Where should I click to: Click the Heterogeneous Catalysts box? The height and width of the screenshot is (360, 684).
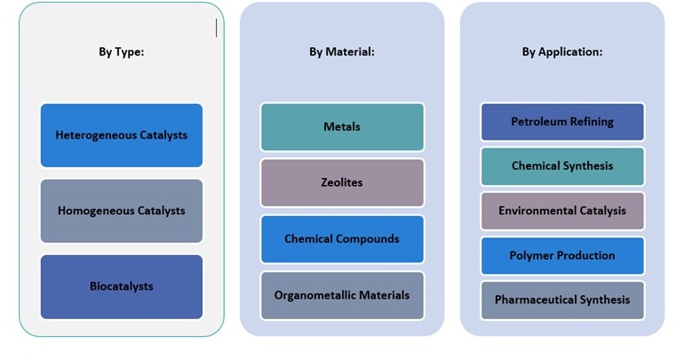[x=122, y=135]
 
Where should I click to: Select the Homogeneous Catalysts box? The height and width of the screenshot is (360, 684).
[x=122, y=211]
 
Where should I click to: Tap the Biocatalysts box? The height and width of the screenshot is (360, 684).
[x=122, y=286]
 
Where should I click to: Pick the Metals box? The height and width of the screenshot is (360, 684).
[x=342, y=126]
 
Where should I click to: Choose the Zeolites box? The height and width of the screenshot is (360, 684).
[x=342, y=182]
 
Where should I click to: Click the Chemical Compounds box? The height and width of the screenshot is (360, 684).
[x=342, y=238]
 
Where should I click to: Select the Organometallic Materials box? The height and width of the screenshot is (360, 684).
[x=342, y=294]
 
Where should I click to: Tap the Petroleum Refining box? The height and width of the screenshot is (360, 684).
[x=562, y=122]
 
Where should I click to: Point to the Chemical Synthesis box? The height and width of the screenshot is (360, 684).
[x=562, y=166]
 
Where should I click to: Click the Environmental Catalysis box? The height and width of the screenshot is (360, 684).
[x=562, y=211]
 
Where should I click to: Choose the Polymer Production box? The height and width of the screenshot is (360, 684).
[x=562, y=255]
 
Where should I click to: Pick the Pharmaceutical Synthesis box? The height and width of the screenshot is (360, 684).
[x=562, y=300]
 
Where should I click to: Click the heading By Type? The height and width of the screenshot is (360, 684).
[x=122, y=52]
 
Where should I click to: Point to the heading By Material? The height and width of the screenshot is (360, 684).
[x=342, y=52]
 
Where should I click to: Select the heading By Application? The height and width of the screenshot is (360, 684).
[x=562, y=52]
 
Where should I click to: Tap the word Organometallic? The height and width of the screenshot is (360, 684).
[x=314, y=294]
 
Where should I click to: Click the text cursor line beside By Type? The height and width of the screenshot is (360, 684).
[x=216, y=28]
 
